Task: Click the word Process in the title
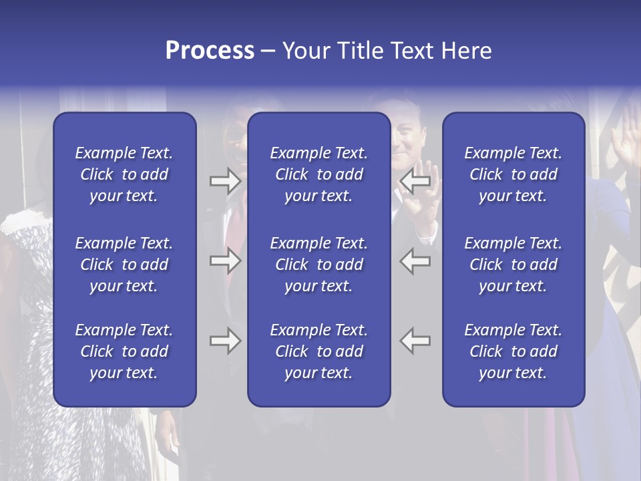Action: coord(210,51)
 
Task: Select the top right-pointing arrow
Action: coord(225,181)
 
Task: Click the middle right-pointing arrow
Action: coord(225,261)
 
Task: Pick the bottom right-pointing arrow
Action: coord(225,341)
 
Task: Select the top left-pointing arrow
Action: coord(415,181)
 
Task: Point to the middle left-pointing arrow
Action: coord(415,261)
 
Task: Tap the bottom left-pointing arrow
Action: coord(415,341)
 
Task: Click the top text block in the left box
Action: coord(124,174)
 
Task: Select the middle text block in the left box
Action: coord(124,265)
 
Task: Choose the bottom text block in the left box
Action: coord(124,351)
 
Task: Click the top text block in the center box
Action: coord(318,174)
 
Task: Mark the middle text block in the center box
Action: coord(318,265)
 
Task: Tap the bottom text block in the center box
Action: coord(318,351)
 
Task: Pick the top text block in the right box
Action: coord(513,174)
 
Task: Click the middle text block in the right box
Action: coord(513,265)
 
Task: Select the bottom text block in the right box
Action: coord(513,351)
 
